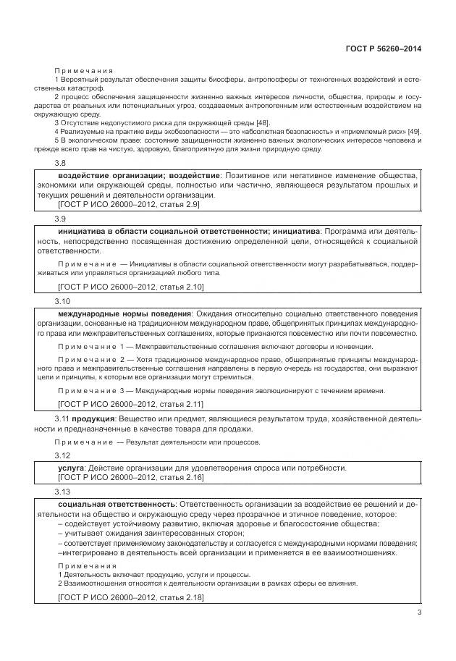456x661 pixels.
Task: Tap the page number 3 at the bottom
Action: click(419, 614)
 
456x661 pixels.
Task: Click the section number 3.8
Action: click(61, 164)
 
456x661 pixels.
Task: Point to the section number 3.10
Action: click(62, 300)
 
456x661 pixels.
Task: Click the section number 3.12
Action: click(62, 455)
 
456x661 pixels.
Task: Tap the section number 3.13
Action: click(62, 491)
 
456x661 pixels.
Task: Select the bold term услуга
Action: click(71, 468)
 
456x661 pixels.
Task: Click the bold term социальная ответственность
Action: click(116, 503)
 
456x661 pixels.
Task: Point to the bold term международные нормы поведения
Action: click(124, 313)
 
